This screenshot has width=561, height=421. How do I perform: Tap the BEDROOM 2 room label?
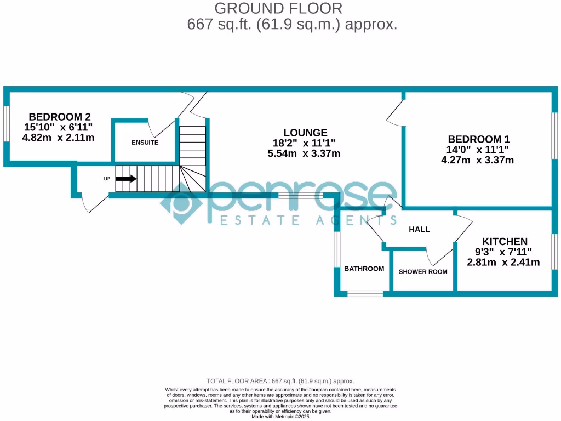59,117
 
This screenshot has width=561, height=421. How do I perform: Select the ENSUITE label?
145,143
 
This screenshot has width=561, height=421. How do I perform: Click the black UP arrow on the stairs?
126,179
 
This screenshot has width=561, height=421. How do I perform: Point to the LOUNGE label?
305,133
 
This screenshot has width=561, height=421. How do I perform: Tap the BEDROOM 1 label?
474,139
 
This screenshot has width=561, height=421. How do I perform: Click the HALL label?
419,229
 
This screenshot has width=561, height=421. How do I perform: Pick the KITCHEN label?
505,241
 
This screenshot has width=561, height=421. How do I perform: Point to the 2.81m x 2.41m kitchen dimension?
503,263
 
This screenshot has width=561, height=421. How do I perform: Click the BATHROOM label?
364,269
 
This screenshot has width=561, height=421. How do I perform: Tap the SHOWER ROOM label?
422,272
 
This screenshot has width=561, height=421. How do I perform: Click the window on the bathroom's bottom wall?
365,294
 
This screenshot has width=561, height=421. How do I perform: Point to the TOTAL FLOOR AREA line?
280,381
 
